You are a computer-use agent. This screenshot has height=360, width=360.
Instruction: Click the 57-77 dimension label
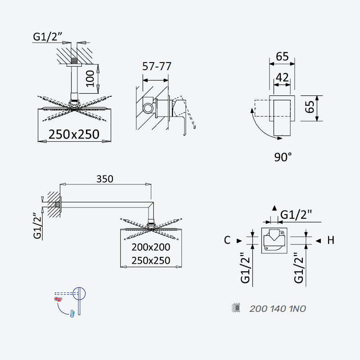tap(157, 67)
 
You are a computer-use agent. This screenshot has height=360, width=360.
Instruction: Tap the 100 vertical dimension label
tap(90, 78)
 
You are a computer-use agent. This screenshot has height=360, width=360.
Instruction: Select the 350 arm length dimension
tap(105, 179)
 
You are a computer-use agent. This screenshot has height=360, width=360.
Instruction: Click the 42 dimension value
tap(282, 77)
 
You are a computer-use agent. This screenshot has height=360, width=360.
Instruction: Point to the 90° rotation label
tap(283, 157)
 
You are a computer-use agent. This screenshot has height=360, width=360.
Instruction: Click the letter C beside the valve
tap(227, 240)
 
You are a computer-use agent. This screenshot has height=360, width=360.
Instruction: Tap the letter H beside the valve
tap(331, 240)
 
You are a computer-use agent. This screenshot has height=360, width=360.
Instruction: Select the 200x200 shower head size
tap(151, 247)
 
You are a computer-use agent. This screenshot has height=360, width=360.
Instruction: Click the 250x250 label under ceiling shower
tap(74, 134)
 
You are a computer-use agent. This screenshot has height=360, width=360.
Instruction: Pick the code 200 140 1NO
tap(278, 309)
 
